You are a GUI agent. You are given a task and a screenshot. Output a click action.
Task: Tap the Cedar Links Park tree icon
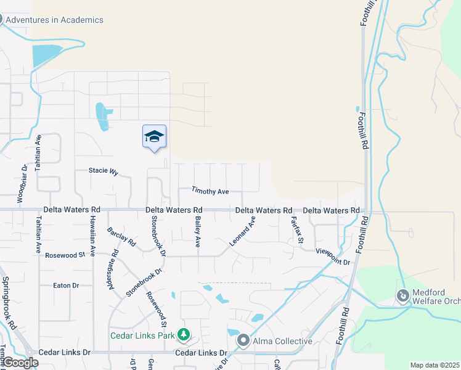(x=183, y=335)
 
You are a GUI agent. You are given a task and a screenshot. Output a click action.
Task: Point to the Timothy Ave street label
(x=210, y=191)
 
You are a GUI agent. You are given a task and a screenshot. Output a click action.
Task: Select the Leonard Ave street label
(x=242, y=232)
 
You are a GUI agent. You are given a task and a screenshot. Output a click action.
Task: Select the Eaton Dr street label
(x=66, y=286)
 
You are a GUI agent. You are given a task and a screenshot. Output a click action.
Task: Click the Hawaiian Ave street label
(x=92, y=235)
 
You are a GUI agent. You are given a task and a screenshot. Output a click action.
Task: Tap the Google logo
(x=20, y=363)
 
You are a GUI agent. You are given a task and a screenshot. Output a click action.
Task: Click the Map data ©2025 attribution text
(x=434, y=365)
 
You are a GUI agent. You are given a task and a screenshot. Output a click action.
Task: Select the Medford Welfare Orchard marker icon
(x=403, y=297)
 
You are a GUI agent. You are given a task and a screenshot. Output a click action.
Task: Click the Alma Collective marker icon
(x=243, y=340)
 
